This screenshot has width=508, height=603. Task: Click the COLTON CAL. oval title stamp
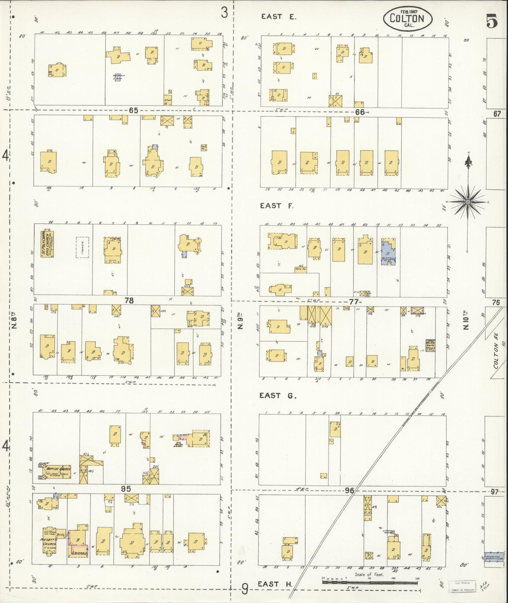pos(407,19)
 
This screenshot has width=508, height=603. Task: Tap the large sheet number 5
pos(492,22)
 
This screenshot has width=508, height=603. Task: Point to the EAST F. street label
pos(276,206)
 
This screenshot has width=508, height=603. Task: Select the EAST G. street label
pos(278,395)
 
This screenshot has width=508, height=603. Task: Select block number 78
pos(129,300)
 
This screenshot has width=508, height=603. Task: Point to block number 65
pos(133,110)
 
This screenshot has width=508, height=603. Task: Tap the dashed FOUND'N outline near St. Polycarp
pos(83,247)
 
